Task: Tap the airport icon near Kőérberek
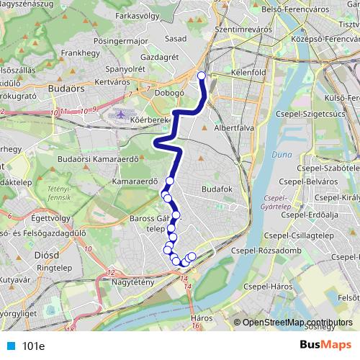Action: pyautogui.click(x=120, y=114)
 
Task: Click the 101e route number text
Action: pyautogui.click(x=34, y=346)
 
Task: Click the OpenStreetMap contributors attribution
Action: pyautogui.click(x=297, y=322)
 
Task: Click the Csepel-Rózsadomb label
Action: pyautogui.click(x=266, y=251)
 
